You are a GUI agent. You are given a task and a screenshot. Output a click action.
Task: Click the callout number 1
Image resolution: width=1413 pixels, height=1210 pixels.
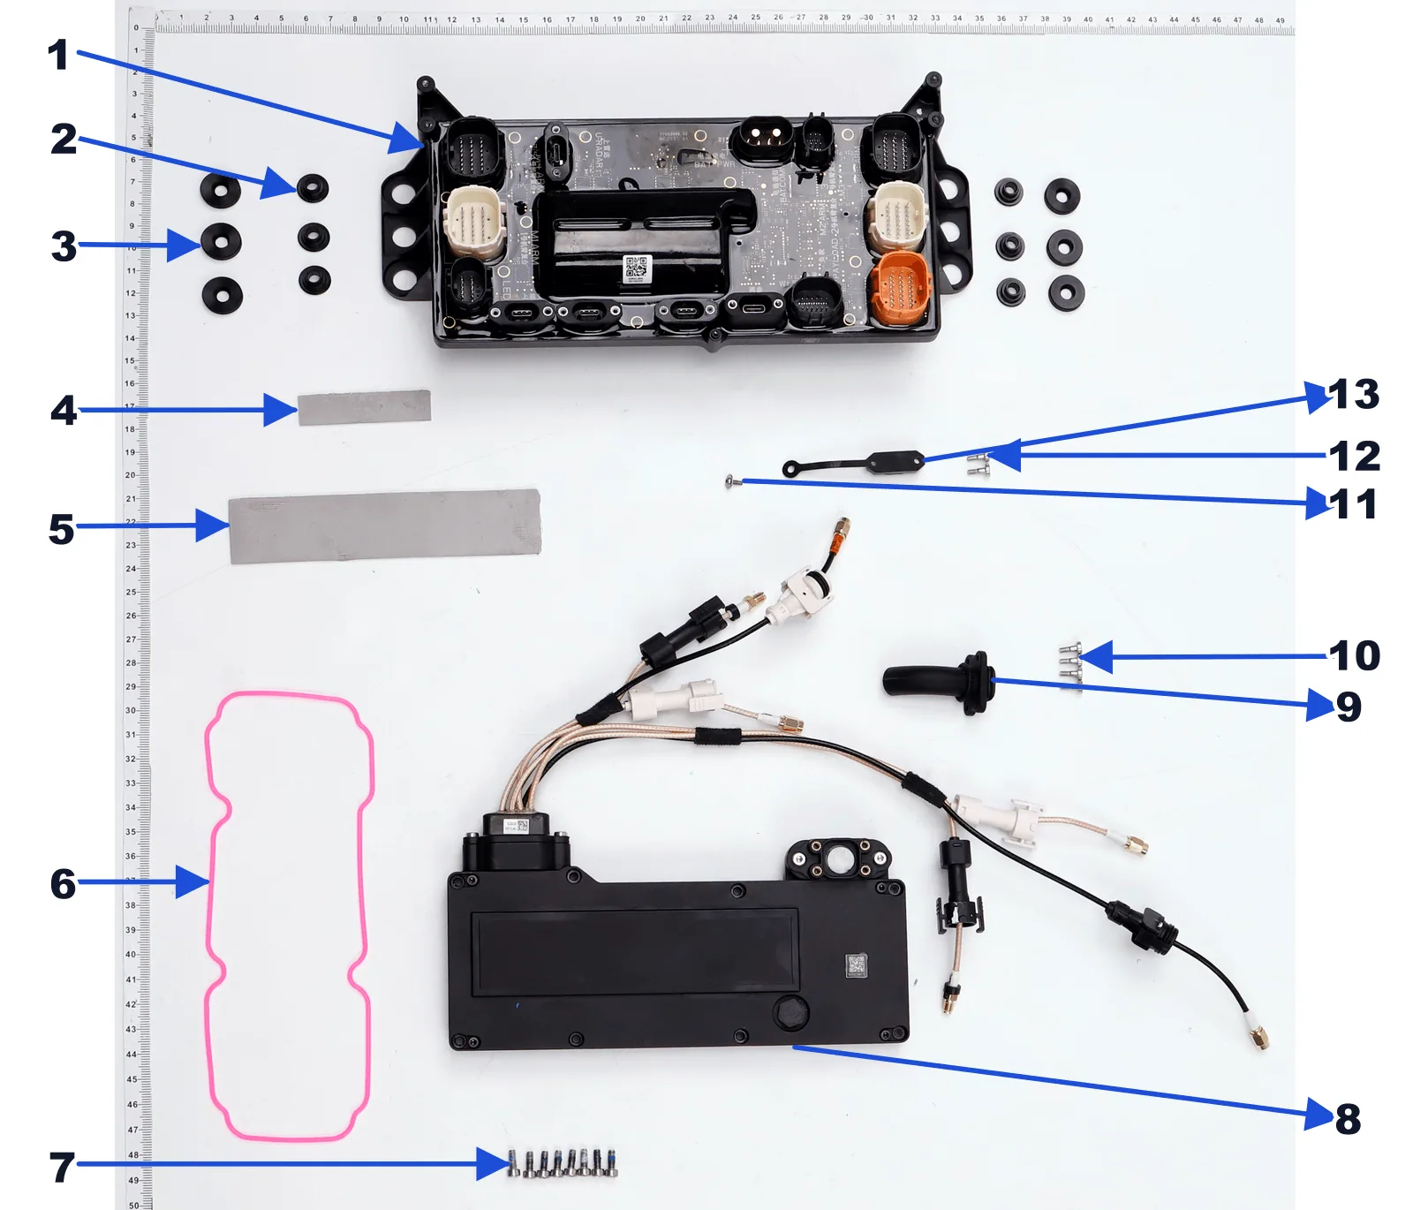[x=58, y=55]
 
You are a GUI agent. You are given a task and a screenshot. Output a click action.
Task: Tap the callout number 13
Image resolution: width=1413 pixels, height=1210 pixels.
[x=1353, y=395]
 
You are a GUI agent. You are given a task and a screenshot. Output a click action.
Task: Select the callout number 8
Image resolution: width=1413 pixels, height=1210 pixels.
[x=1348, y=1119]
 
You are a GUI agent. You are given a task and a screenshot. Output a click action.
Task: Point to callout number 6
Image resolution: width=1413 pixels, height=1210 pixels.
[x=63, y=883]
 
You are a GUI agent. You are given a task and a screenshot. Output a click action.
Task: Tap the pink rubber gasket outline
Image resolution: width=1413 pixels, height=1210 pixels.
[x=212, y=883]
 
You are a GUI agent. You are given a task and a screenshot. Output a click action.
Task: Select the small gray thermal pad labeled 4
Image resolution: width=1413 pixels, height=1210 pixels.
[x=364, y=407]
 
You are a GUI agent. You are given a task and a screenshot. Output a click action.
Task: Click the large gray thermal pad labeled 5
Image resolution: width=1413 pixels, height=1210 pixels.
[x=384, y=526]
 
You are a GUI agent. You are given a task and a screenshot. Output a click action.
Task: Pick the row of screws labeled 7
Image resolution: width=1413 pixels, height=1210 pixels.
[x=563, y=1163]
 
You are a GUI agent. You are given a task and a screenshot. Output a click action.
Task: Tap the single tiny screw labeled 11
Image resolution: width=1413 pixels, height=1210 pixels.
[x=729, y=481]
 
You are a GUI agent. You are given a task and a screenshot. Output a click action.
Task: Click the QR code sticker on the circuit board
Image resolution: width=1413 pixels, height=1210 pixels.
[x=637, y=268]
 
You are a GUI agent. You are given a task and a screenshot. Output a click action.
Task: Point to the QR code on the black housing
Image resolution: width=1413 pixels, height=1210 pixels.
[x=856, y=964]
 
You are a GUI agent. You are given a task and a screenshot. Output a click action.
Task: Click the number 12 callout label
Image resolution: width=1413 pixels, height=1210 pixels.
[x=1354, y=457]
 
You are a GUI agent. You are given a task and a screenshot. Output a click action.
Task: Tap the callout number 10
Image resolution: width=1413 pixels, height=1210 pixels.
[x=1354, y=656]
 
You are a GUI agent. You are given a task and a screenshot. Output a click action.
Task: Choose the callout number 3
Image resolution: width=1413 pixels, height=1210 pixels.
[x=64, y=246]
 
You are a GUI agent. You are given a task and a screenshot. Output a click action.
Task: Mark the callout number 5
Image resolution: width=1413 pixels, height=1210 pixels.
[x=61, y=529]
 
